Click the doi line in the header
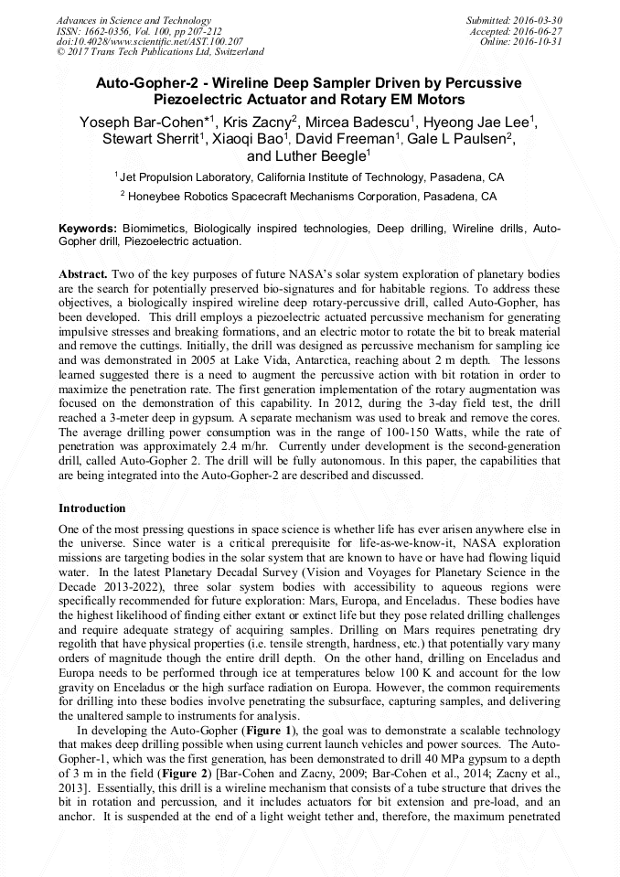point(150,42)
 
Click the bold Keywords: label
point(88,228)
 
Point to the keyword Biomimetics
point(152,228)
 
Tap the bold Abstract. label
point(84,274)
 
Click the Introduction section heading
point(91,508)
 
